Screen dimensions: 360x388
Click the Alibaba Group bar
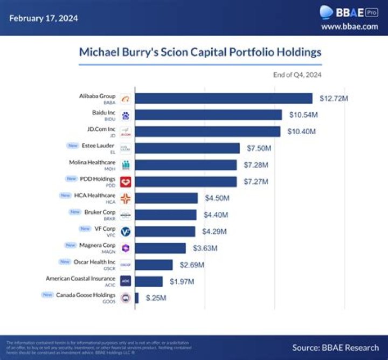(x=223, y=99)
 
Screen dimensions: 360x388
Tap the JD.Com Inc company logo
(x=126, y=132)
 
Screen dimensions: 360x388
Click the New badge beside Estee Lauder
(x=71, y=146)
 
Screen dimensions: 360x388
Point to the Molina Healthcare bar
(x=185, y=165)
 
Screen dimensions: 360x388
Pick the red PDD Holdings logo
(x=126, y=182)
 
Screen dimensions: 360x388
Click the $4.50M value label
(x=217, y=198)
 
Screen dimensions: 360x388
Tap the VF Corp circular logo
(x=126, y=231)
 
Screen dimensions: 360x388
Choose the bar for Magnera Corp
(x=160, y=248)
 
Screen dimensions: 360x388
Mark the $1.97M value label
(x=182, y=281)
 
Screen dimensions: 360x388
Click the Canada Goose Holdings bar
(x=137, y=298)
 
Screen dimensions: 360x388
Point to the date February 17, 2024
(x=43, y=18)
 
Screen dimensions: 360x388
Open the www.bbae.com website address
(x=349, y=26)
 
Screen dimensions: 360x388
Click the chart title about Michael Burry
(x=200, y=52)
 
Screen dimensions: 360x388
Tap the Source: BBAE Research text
(x=335, y=348)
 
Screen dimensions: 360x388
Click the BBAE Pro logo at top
(x=349, y=12)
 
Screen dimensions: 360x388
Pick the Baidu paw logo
(x=126, y=115)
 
